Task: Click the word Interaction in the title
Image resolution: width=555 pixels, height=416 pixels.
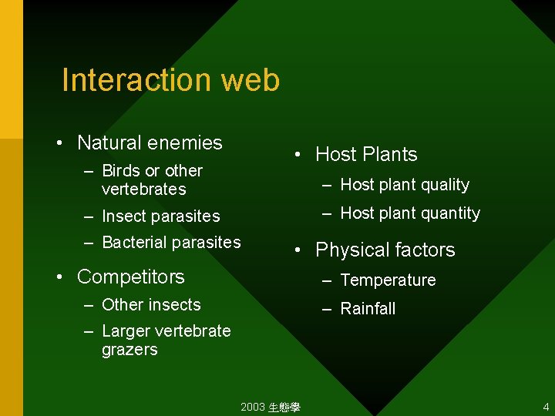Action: [136, 80]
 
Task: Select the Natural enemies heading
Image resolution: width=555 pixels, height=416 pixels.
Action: [150, 143]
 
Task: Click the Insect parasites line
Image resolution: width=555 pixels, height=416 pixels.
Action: [160, 216]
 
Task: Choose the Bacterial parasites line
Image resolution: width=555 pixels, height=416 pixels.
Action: [171, 242]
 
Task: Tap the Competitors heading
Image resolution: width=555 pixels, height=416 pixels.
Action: [131, 277]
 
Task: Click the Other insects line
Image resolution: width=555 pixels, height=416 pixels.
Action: [151, 304]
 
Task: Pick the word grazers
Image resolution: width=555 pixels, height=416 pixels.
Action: [129, 349]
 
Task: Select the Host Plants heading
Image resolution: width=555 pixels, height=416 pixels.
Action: [366, 154]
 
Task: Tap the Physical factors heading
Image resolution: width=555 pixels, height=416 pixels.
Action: [385, 250]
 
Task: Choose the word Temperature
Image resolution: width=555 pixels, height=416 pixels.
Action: [388, 280]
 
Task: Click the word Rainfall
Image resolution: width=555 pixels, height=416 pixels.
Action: [368, 309]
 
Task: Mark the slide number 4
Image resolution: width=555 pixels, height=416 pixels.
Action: [546, 407]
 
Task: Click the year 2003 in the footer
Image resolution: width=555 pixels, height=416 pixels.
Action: [252, 407]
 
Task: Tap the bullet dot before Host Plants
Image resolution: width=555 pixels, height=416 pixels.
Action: [298, 154]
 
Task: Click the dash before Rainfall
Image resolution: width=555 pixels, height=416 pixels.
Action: [327, 309]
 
